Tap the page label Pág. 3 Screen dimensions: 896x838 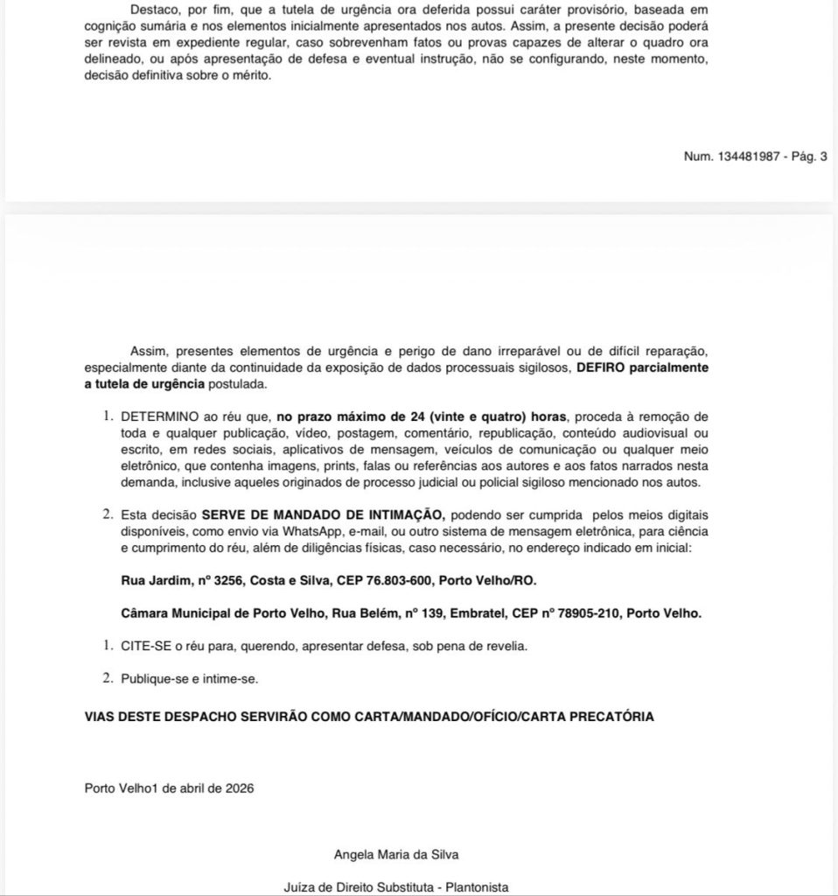coord(805,157)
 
